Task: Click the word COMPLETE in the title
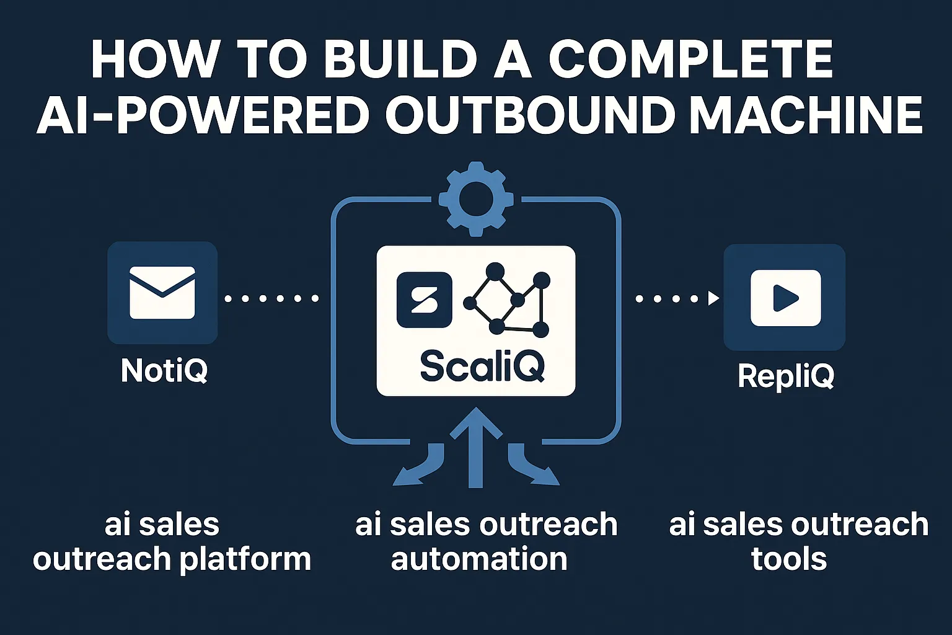(690, 60)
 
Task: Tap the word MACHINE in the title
(806, 115)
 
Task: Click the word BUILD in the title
(399, 60)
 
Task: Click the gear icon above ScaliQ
(475, 199)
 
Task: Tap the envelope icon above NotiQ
(162, 293)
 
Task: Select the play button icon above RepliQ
(785, 298)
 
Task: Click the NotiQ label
(164, 371)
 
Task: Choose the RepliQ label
(786, 376)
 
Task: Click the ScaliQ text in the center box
(482, 366)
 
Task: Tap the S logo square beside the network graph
(425, 300)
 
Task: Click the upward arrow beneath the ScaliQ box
(475, 446)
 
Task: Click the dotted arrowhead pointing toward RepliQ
(713, 298)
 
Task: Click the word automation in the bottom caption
(479, 559)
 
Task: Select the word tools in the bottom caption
(789, 559)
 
